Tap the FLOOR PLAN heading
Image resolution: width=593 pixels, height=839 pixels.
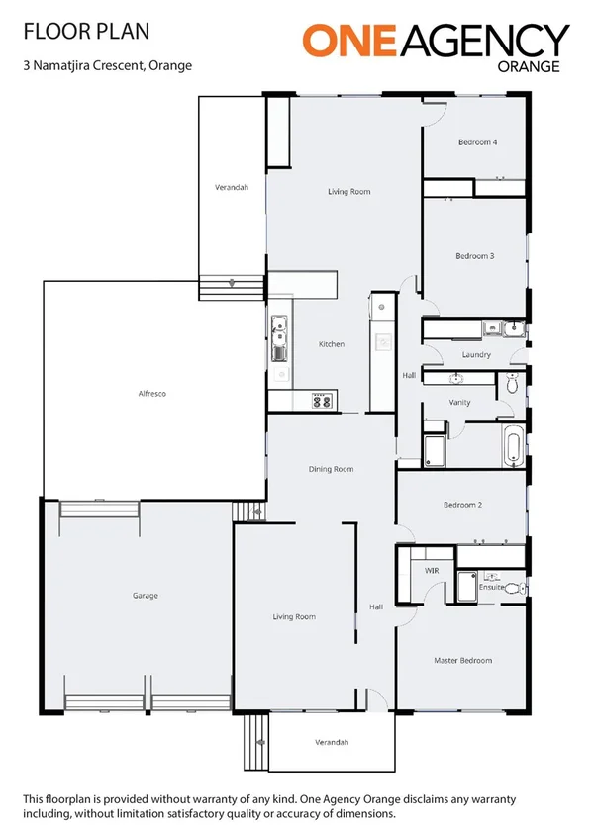click(x=86, y=32)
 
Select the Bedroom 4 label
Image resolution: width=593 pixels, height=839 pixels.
click(x=476, y=142)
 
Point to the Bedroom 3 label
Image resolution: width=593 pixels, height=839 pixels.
click(x=474, y=256)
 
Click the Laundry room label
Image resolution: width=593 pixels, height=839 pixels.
click(x=476, y=354)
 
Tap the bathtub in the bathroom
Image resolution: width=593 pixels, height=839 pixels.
click(x=513, y=447)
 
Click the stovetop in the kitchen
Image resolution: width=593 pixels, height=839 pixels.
click(x=321, y=401)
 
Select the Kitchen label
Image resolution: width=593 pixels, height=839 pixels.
click(x=331, y=344)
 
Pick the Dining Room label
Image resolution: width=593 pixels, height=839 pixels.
click(x=331, y=469)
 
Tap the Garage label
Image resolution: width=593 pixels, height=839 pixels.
click(x=146, y=596)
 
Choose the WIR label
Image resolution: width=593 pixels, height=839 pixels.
click(x=432, y=571)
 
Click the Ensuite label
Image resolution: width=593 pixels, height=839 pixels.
click(x=491, y=588)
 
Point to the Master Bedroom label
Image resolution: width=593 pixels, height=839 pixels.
click(x=462, y=660)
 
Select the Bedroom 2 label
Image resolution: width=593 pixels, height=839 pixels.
click(x=461, y=505)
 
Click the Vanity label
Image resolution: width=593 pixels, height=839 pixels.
click(x=459, y=403)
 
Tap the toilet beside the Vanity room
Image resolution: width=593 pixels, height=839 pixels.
click(x=511, y=385)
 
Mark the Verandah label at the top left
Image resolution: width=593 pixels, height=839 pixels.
click(x=231, y=187)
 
